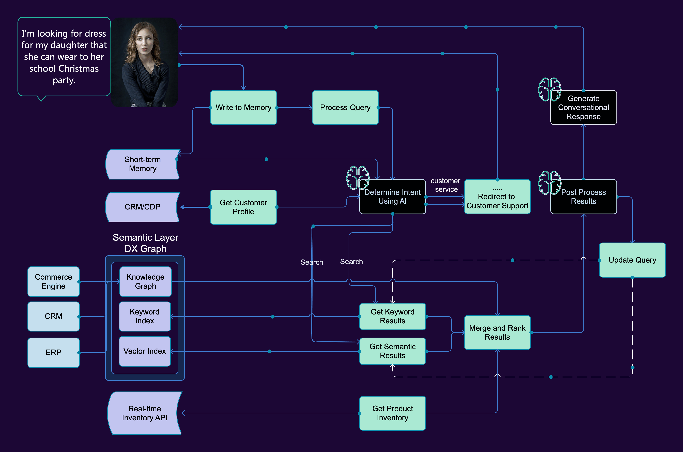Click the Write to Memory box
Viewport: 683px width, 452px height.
[x=243, y=108]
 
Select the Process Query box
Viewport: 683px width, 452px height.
[x=345, y=108]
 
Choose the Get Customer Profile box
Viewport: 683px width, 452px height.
[x=243, y=207]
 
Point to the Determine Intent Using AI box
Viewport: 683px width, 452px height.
[x=393, y=197]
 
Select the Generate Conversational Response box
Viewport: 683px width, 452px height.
[x=584, y=108]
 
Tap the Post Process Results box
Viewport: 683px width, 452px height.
[x=584, y=197]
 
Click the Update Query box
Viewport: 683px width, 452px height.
[x=632, y=260]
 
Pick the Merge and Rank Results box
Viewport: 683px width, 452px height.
[x=497, y=332]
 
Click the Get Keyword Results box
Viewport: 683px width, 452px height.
[x=393, y=316]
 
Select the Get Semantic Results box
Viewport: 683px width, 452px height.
[x=393, y=351]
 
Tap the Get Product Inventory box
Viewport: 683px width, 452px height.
[x=393, y=413]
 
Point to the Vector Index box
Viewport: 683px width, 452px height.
[x=145, y=351]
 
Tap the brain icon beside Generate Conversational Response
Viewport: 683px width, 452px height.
[x=549, y=89]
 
